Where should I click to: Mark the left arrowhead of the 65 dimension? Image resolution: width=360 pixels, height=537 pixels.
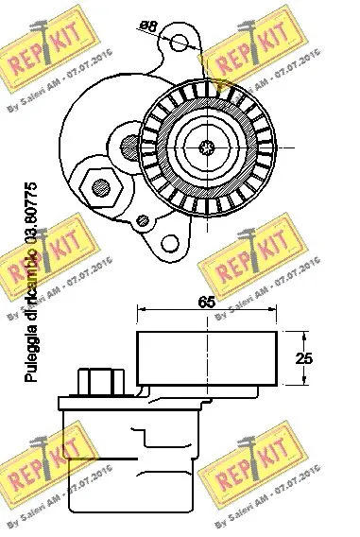pyautogui.click(x=142, y=310)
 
